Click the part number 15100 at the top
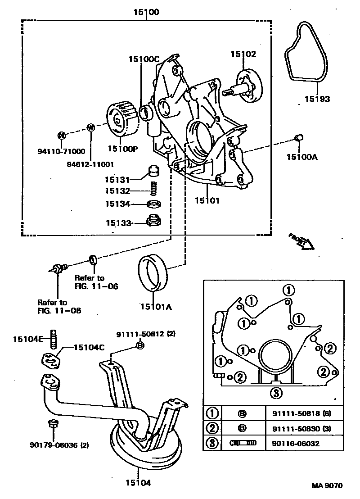pos(146,12)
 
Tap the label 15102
pos(243,54)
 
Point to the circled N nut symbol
pos(62,135)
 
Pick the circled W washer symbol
pos(90,127)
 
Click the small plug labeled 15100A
pos(298,137)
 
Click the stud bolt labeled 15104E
pos(54,338)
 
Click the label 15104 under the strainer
pos(138,483)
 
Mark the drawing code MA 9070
pos(327,485)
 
